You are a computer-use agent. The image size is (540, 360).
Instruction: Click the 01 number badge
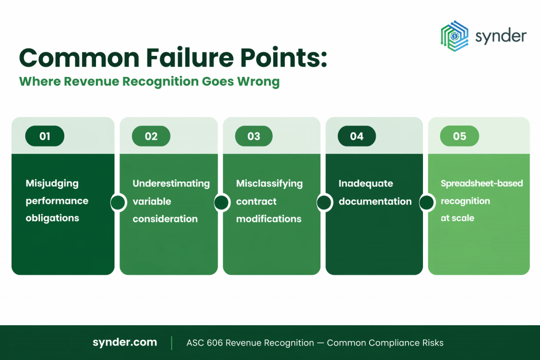click(x=45, y=136)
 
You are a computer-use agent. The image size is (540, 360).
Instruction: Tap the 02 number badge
click(x=151, y=136)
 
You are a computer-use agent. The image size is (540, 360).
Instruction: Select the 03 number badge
click(x=254, y=136)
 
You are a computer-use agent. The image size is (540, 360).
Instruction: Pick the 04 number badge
click(x=356, y=136)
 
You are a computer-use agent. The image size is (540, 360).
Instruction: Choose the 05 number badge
click(x=459, y=136)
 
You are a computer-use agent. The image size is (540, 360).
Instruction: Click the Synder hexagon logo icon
click(x=455, y=36)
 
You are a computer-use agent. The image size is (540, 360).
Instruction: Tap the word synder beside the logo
click(x=500, y=36)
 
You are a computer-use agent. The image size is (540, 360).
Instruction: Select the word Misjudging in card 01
click(x=52, y=183)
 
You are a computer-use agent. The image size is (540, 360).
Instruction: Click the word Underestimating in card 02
click(x=171, y=183)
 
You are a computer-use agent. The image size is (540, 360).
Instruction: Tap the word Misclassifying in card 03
click(x=269, y=183)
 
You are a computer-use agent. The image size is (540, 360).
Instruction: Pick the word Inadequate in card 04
click(x=366, y=183)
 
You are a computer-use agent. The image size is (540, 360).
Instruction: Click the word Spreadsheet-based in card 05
click(x=482, y=183)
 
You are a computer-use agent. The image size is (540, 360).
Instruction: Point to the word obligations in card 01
click(x=52, y=218)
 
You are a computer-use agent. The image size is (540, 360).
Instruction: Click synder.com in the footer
click(x=124, y=343)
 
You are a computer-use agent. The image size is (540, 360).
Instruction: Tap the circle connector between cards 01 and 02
click(x=117, y=202)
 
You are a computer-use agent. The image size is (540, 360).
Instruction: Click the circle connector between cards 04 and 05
click(x=426, y=202)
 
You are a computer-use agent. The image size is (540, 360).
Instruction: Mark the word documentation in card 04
click(x=375, y=201)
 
